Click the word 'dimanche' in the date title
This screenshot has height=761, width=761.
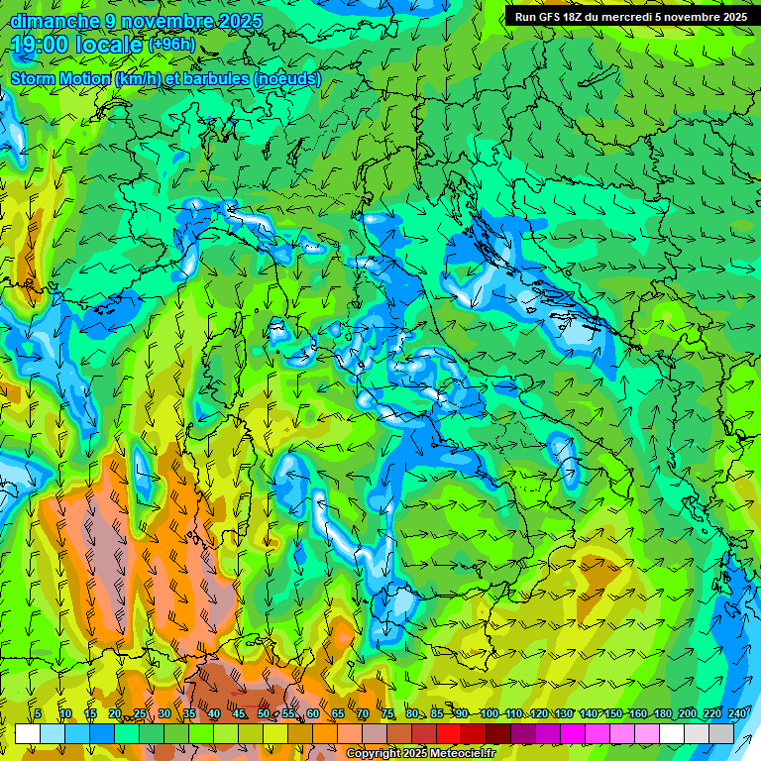point(54,21)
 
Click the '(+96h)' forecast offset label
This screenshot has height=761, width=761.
point(171,45)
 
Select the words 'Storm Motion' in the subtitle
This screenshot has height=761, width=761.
point(60,78)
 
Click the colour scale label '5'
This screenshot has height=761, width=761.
point(38,713)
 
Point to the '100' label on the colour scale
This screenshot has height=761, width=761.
point(489,713)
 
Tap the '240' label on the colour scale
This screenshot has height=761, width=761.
point(736,713)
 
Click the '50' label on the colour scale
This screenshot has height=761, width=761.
point(264,713)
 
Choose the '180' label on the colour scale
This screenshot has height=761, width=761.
point(662,713)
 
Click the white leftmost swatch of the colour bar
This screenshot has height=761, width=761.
point(28,733)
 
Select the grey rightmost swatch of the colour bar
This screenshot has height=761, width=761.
point(721,733)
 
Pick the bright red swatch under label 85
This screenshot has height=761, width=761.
point(449,733)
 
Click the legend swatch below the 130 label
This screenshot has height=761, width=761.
point(573,733)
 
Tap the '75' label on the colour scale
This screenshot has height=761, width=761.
point(387,713)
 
